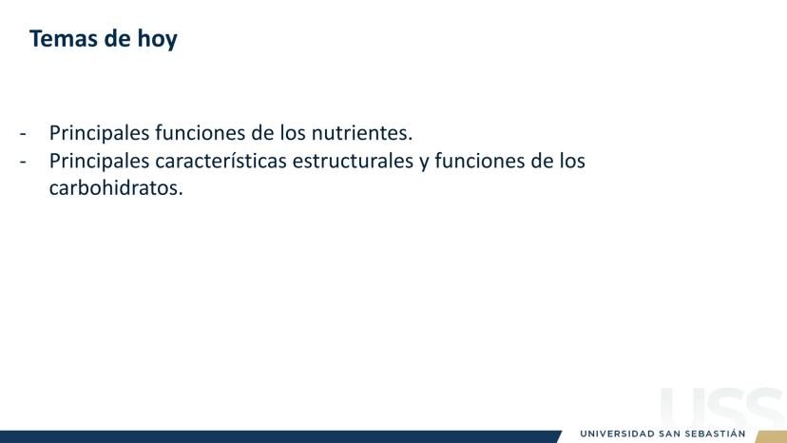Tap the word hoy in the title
tap(157, 40)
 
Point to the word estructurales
tap(353, 161)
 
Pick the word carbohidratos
tap(116, 188)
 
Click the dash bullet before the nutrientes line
tap(23, 134)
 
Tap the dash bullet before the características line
tap(23, 162)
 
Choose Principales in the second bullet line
tap(100, 162)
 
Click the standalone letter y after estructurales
tap(424, 163)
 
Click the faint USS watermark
tap(722, 408)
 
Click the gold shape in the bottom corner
tap(772, 437)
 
